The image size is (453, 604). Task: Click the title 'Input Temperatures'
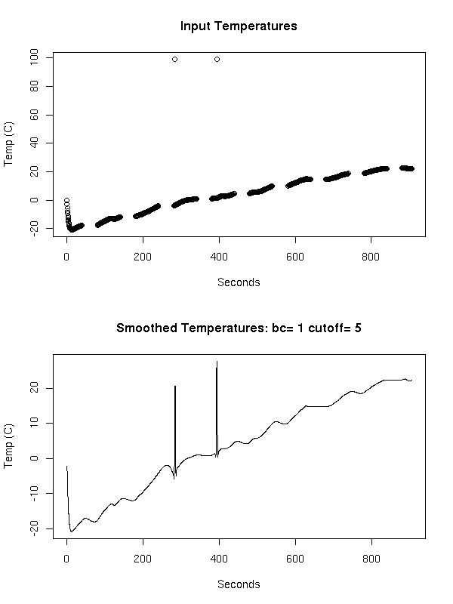(239, 26)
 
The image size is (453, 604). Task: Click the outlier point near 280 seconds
(174, 59)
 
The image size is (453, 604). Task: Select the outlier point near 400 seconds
(217, 59)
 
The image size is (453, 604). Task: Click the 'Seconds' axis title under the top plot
(239, 282)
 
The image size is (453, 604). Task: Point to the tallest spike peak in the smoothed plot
(217, 362)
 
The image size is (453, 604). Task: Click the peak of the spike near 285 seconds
(175, 387)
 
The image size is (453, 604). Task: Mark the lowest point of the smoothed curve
(72, 532)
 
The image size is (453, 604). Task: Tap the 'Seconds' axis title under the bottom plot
(239, 584)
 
